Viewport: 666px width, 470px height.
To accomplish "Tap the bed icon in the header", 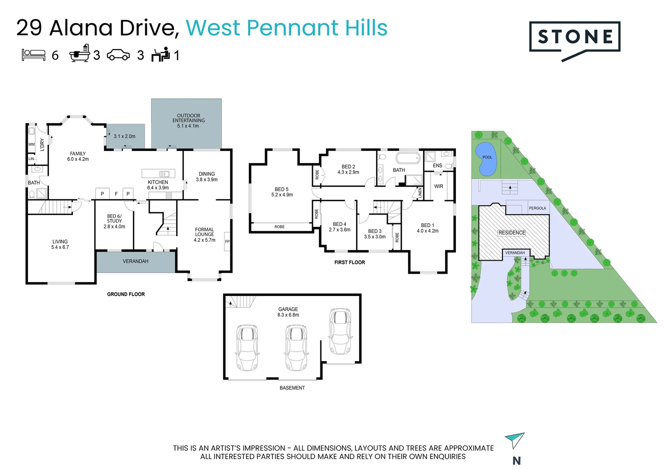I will (x=34, y=55).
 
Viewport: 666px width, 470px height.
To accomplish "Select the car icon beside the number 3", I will (x=118, y=55).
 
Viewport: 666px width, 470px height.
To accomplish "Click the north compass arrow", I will (x=515, y=440).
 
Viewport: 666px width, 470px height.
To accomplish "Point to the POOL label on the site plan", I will (x=487, y=158).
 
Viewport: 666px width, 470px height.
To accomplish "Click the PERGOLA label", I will (x=537, y=208).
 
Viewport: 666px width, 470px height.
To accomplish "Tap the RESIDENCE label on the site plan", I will (x=512, y=233).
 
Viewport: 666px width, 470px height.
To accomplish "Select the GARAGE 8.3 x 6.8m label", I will (x=288, y=312).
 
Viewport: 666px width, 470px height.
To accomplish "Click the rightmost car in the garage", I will (x=340, y=332).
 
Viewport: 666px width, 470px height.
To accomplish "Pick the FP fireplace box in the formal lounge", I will (x=227, y=242).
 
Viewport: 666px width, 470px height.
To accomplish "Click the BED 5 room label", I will (x=282, y=192).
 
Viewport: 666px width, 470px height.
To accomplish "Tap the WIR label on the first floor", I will (x=438, y=186).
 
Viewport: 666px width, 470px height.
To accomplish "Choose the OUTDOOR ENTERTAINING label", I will (x=188, y=121).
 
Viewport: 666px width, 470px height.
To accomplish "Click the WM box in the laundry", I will (x=31, y=144).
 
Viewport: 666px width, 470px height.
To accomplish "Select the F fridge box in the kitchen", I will (x=116, y=194).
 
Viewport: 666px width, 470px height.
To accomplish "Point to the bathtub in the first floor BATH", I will (x=408, y=157).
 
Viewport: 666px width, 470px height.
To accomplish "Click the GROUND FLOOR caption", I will (x=126, y=294).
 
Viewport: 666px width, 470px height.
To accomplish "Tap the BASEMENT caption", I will (x=292, y=388).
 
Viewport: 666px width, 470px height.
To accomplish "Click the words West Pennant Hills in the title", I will (x=286, y=28).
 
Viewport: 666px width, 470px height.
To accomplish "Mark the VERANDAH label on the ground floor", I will (x=136, y=261).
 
